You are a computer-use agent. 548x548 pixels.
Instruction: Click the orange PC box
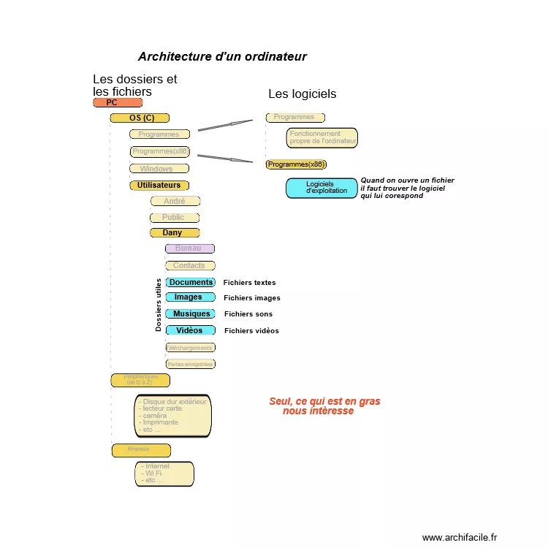pos(117,103)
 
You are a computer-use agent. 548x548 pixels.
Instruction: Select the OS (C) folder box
pos(140,118)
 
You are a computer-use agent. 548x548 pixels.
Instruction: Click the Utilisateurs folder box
pos(159,186)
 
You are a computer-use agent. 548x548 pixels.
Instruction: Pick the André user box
pos(175,201)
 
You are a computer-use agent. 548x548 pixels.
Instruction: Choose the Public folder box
pos(174,218)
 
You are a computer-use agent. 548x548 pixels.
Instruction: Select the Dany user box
pos(175,233)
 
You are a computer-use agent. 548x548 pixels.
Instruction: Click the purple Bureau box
pos(189,248)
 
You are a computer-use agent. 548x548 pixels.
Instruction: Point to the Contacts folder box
pos(190,266)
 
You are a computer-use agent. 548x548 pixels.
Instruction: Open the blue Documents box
pos(190,282)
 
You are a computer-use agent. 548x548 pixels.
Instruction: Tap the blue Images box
pos(190,297)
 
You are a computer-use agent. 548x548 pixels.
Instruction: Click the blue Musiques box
pos(190,314)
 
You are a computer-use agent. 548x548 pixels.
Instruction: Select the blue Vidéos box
pos(190,331)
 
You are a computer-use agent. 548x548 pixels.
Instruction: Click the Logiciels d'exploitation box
pos(321,188)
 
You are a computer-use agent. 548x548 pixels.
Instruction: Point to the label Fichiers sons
pos(248,314)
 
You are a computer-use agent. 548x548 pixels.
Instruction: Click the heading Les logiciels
pos(302,94)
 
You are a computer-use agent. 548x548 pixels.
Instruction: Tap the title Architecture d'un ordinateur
pos(222,57)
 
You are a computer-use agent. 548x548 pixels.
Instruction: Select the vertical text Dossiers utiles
pos(159,305)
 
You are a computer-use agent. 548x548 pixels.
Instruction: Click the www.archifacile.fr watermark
pos(459,538)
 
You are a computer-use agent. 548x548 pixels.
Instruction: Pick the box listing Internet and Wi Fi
pos(164,473)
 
